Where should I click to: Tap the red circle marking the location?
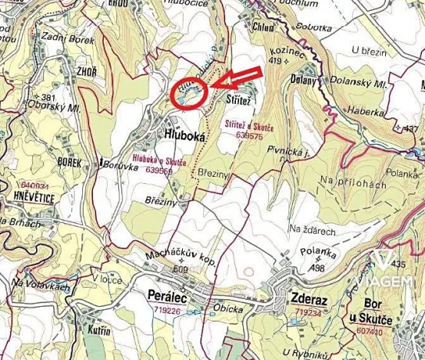point(188,94)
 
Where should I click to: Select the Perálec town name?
point(167,295)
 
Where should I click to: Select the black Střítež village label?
point(239,101)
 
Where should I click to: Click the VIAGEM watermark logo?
point(389,272)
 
